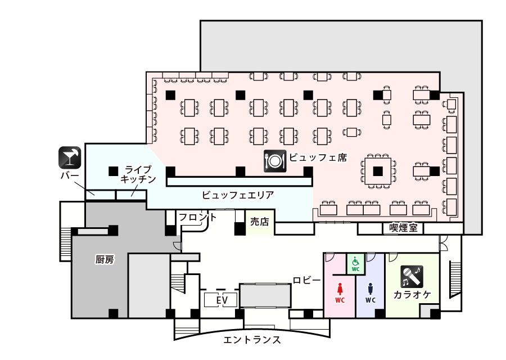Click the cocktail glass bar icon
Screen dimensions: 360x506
point(70,157)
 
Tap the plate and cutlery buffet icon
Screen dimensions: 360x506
point(275,160)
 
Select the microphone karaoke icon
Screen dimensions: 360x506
point(412,276)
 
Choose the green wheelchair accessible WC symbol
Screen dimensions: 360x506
point(355,263)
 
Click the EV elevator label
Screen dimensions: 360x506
point(222,301)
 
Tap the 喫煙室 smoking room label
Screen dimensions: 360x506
point(403,228)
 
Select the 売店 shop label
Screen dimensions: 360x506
point(259,222)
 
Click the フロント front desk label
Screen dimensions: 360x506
point(197,217)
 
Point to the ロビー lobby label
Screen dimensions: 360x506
point(307,280)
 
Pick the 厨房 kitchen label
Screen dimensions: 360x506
point(105,259)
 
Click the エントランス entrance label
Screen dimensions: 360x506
point(252,340)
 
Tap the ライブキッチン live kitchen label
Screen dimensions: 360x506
point(138,174)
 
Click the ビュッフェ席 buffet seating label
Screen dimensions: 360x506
point(318,157)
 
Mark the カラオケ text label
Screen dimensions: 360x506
point(412,295)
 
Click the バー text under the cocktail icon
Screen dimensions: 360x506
point(70,176)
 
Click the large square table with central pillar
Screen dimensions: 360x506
point(378,170)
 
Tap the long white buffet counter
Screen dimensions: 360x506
point(240,182)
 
